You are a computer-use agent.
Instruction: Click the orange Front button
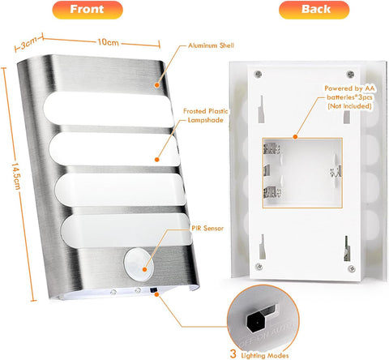87,11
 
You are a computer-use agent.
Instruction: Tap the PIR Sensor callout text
208,229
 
